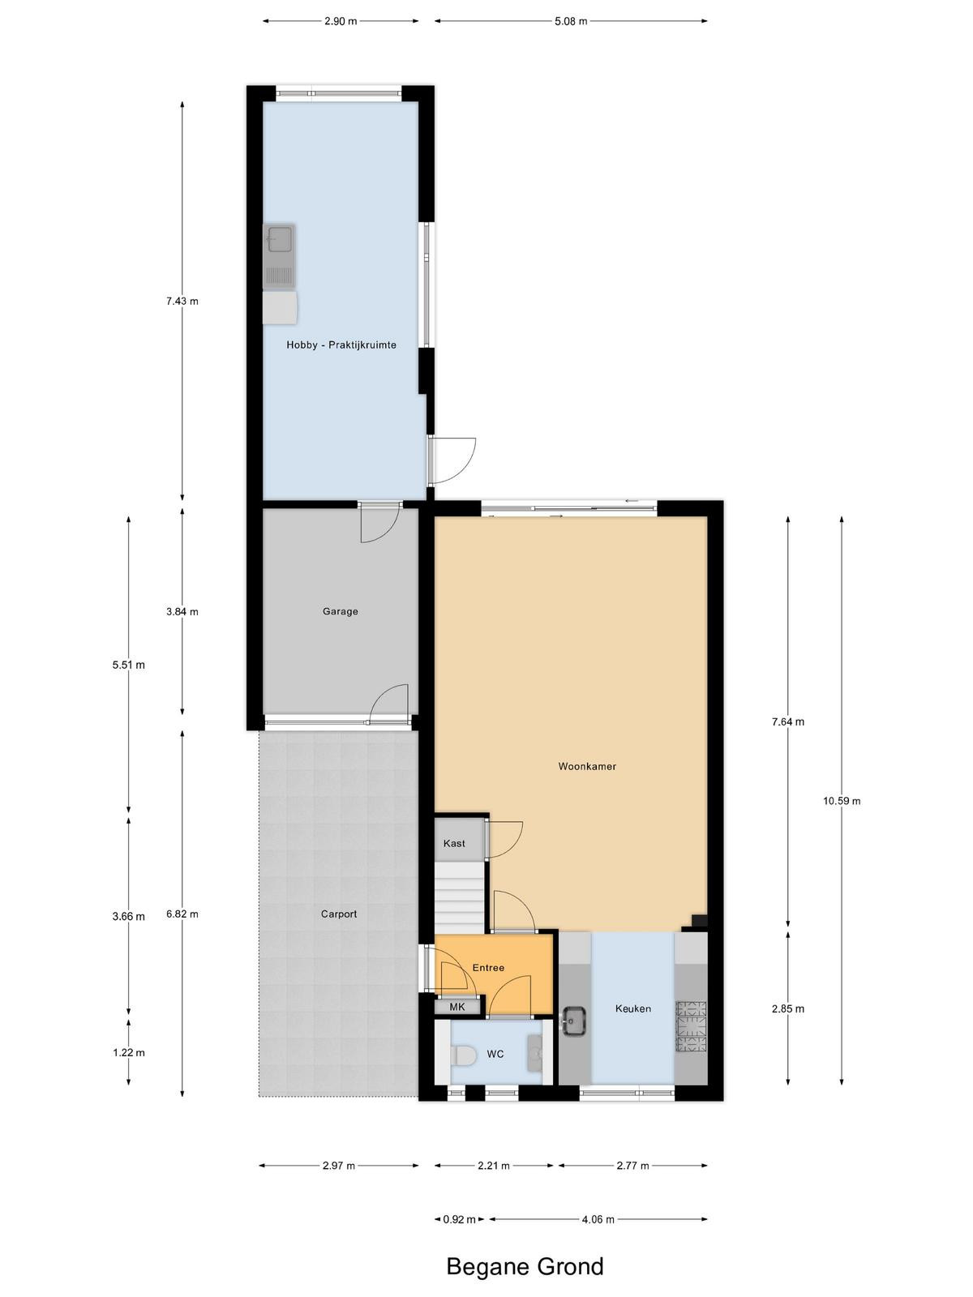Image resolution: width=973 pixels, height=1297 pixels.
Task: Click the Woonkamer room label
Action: click(586, 766)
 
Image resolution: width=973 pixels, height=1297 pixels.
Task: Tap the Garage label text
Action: click(341, 611)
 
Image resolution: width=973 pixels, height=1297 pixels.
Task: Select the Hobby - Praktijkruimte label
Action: click(341, 345)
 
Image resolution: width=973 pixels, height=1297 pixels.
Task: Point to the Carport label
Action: click(339, 914)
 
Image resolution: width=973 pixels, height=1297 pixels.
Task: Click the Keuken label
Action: click(632, 1008)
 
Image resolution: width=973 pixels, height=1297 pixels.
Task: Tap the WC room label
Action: click(495, 1054)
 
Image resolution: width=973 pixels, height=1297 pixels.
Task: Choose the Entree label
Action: click(489, 967)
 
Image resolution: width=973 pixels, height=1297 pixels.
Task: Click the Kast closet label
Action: click(454, 843)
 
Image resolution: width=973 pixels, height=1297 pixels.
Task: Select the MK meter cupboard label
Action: click(457, 1007)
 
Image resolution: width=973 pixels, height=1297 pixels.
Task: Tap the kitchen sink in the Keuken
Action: click(573, 1021)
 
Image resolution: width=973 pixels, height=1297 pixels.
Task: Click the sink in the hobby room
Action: click(279, 256)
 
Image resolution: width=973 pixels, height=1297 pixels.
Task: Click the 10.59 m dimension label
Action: click(842, 801)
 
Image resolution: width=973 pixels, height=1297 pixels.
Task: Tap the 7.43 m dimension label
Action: click(182, 301)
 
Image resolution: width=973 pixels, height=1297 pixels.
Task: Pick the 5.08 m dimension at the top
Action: click(571, 21)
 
